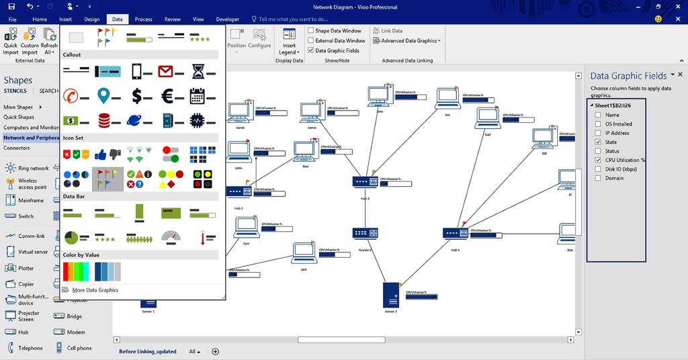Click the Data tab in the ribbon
pyautogui.click(x=118, y=19)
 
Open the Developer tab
pyautogui.click(x=227, y=19)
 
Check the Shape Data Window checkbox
pyautogui.click(x=311, y=31)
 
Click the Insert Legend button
pyautogui.click(x=289, y=42)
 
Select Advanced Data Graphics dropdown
pyautogui.click(x=407, y=41)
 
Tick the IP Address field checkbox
pyautogui.click(x=598, y=133)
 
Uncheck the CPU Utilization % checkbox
pyautogui.click(x=598, y=161)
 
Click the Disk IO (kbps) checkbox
pyautogui.click(x=598, y=169)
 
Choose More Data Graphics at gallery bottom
pyautogui.click(x=95, y=290)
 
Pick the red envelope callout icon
pyautogui.click(x=166, y=71)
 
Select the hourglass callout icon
pyautogui.click(x=198, y=71)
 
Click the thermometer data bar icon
pyautogui.click(x=203, y=237)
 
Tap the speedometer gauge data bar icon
pyautogui.click(x=171, y=236)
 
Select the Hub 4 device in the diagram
pyautogui.click(x=455, y=234)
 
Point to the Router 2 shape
pyautogui.click(x=365, y=234)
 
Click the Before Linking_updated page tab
pyautogui.click(x=147, y=351)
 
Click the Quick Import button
pyautogui.click(x=11, y=41)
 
